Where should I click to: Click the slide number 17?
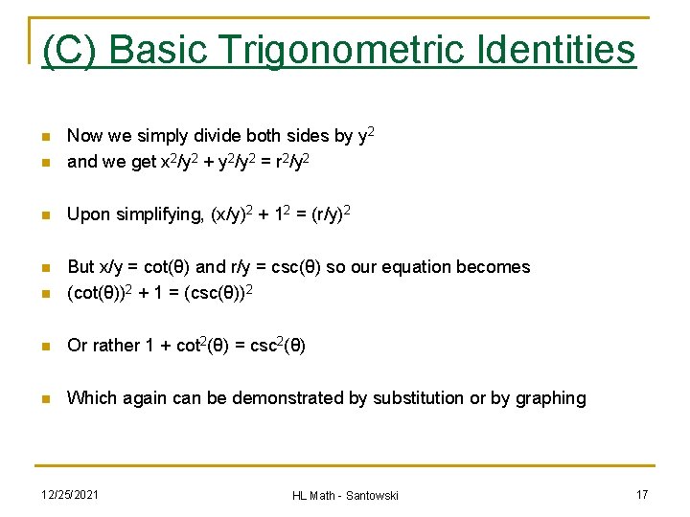[641, 494]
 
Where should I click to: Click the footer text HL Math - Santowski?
[345, 495]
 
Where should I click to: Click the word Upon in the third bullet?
[87, 214]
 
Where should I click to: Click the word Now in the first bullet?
[84, 137]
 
